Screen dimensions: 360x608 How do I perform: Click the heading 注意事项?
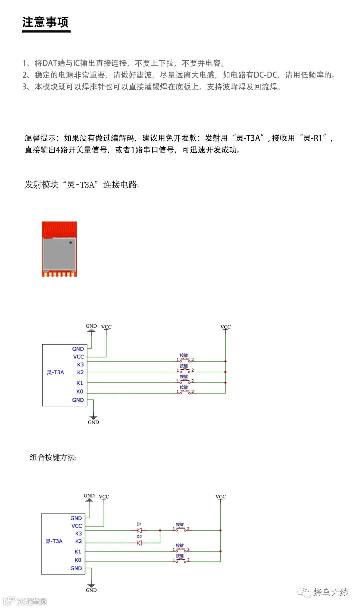point(45,22)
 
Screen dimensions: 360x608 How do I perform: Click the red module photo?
point(59,249)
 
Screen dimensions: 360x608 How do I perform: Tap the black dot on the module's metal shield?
point(70,242)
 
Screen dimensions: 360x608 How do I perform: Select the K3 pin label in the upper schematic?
point(80,364)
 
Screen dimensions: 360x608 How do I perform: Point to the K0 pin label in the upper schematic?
point(80,391)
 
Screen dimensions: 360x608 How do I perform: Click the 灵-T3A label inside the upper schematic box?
point(55,372)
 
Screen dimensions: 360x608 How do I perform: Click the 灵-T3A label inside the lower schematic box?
point(54,541)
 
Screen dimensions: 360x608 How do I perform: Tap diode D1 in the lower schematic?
point(139,530)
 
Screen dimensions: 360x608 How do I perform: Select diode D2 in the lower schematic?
point(139,543)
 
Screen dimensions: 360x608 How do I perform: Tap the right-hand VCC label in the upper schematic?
point(225,327)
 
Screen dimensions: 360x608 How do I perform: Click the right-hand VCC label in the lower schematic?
point(221,497)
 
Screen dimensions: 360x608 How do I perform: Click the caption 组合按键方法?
point(53,457)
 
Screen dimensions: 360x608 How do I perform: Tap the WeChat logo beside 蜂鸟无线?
point(304,592)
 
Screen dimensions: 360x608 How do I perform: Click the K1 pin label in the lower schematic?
point(78,552)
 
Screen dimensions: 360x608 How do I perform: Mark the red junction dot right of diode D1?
point(160,530)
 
